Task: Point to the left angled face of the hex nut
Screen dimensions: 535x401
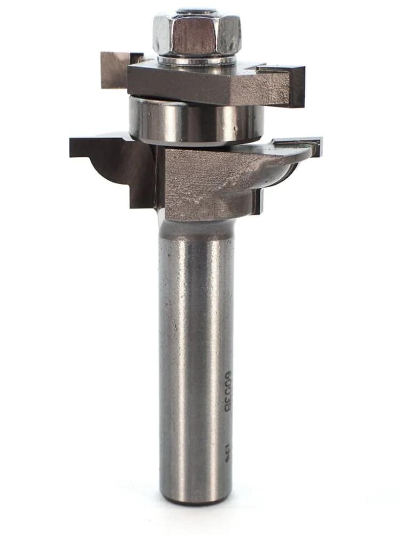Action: (x=162, y=34)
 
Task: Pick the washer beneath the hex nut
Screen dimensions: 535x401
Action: (x=197, y=60)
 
